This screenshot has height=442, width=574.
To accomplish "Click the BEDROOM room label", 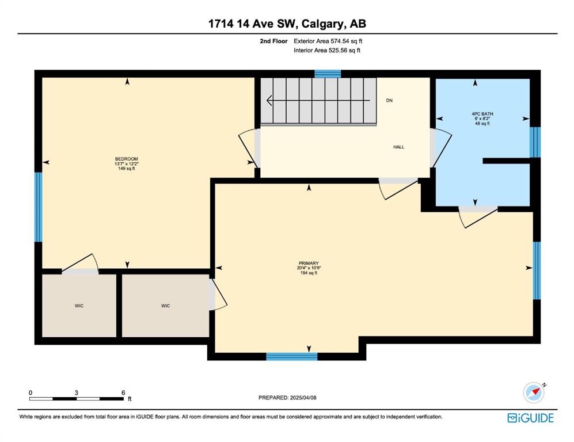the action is click(x=127, y=159).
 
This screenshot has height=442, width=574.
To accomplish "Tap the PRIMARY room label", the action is click(x=309, y=263).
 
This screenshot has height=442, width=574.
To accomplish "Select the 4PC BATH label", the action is click(x=482, y=114).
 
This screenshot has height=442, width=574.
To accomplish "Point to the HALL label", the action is click(x=398, y=147).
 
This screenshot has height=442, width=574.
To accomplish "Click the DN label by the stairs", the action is click(x=389, y=100).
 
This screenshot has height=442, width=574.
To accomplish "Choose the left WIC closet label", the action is click(x=79, y=306).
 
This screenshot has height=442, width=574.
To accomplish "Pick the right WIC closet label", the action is click(x=165, y=306).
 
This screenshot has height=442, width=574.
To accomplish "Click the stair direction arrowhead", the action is click(x=269, y=100).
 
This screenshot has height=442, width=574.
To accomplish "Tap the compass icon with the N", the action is click(x=534, y=393).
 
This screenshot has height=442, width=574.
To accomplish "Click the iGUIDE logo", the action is click(x=530, y=418).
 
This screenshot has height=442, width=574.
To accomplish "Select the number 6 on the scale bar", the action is click(x=123, y=393).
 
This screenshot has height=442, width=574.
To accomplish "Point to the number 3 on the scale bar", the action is click(x=76, y=393).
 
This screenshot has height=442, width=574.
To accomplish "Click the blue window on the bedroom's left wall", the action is click(x=38, y=207).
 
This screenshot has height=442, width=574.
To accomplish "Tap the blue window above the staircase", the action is click(x=328, y=74).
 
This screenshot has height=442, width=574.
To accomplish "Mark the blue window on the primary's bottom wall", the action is click(x=292, y=356).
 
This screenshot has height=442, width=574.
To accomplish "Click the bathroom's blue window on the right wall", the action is click(x=535, y=142).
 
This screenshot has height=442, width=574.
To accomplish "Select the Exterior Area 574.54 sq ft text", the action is click(x=328, y=41).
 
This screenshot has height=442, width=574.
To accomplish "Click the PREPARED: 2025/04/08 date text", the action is click(x=287, y=397).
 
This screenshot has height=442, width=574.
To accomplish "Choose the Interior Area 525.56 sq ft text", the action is click(x=327, y=51).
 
